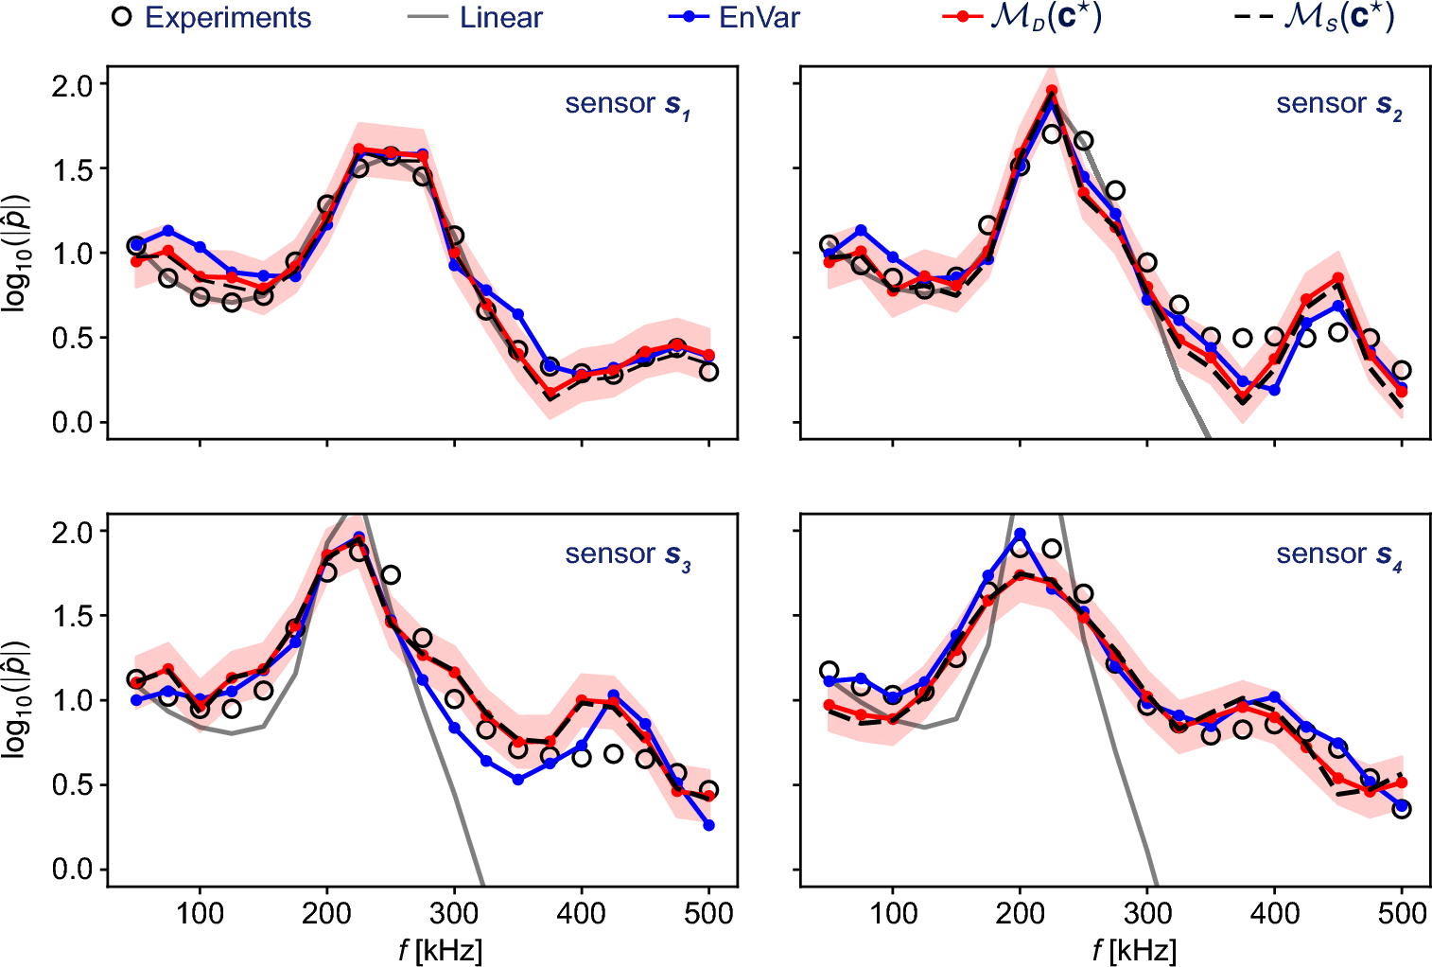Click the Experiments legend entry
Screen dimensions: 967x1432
point(211,18)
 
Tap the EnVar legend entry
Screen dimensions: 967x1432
point(734,18)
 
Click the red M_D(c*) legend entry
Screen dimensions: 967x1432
point(1022,18)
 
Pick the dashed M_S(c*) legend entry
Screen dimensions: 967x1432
point(1315,18)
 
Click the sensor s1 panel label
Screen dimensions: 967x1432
point(627,104)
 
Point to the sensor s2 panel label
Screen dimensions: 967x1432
point(1338,104)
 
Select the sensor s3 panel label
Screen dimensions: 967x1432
point(627,554)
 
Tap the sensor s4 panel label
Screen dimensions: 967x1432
point(1338,554)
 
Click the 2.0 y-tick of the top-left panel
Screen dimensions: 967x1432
point(72,85)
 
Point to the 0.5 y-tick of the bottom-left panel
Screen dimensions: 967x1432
point(72,785)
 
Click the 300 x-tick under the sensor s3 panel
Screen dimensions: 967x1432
point(454,914)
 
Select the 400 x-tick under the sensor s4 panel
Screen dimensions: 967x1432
point(1274,914)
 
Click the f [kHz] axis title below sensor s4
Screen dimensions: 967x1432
point(1133,949)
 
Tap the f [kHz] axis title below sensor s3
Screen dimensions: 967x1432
point(440,949)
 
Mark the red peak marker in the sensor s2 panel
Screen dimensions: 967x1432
point(1052,91)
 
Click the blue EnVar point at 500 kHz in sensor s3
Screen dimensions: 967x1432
point(709,825)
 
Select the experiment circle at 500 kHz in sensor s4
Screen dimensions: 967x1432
point(1402,809)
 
